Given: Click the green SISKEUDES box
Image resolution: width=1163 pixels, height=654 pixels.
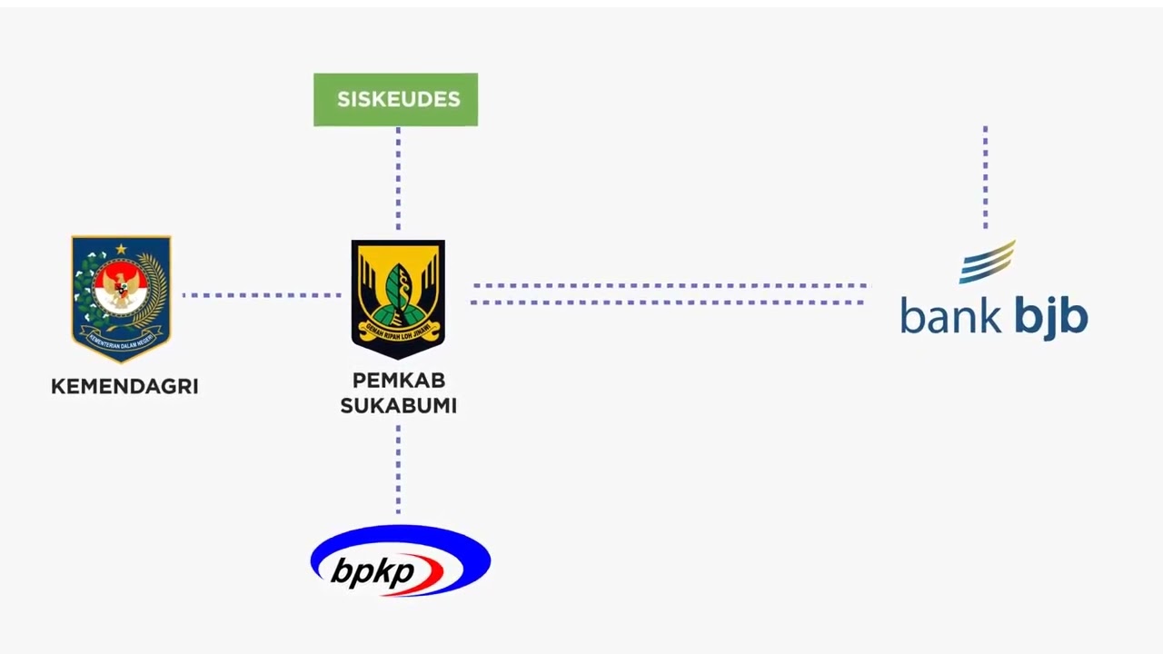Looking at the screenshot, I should [395, 100].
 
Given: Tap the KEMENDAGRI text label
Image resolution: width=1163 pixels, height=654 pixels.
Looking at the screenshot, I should [124, 386].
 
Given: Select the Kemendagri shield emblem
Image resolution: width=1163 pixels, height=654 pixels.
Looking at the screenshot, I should [121, 298].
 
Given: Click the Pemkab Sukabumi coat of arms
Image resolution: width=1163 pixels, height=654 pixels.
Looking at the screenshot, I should [398, 298].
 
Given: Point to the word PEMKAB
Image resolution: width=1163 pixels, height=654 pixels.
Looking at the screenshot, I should [398, 381].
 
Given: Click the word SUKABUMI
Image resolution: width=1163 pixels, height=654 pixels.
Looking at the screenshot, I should [398, 406].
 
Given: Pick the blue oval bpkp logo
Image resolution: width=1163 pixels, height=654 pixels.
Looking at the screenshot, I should [400, 560].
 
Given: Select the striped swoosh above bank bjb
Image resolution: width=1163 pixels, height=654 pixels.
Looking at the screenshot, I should [988, 262].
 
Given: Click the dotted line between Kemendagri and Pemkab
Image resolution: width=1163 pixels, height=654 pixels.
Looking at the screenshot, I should [262, 295].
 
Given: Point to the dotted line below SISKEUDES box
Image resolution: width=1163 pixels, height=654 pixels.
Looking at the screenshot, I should [398, 178].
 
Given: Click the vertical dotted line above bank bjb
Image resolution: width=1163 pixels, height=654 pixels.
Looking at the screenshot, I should [986, 177].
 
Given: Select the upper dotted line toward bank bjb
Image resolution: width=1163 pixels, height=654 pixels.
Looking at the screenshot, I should [669, 285].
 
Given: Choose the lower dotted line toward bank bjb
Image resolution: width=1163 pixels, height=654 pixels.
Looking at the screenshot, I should [669, 302].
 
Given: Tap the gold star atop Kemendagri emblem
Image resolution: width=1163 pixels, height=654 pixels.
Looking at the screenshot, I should [121, 248].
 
